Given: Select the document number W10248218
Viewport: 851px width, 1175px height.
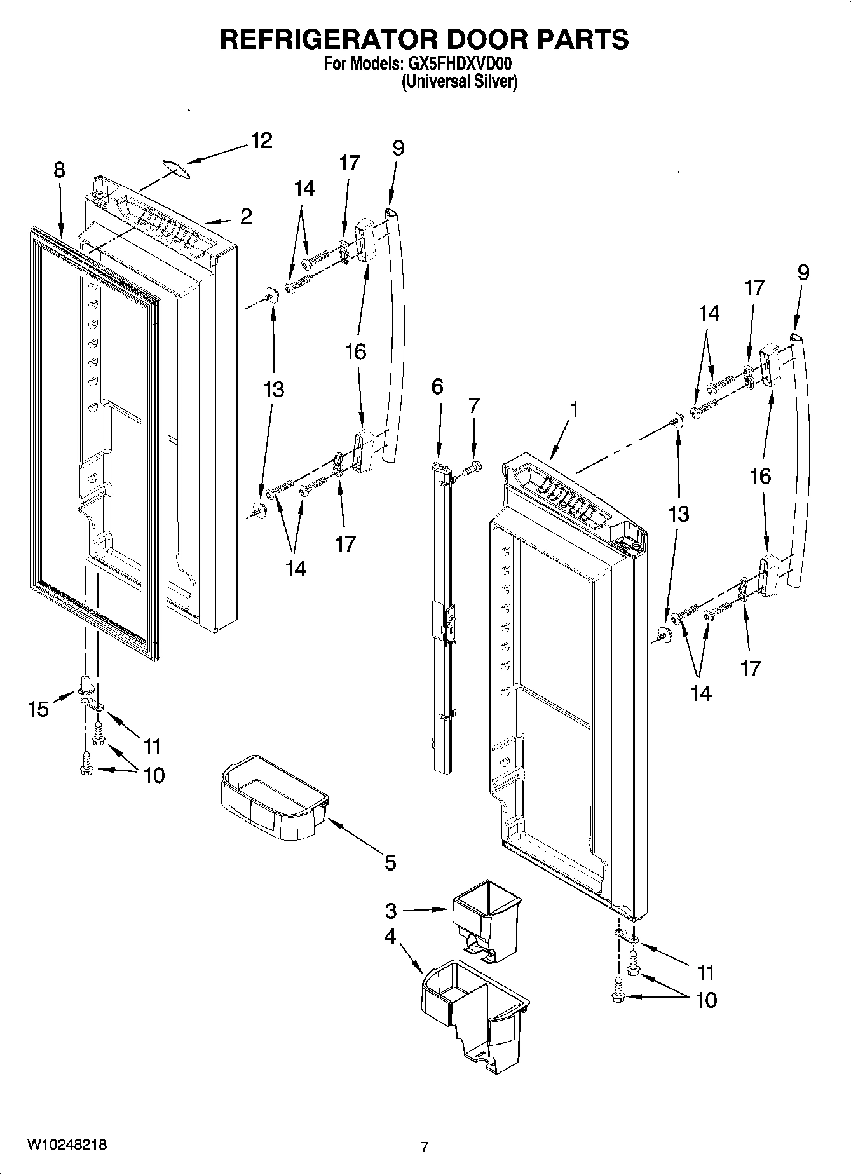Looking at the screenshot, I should pos(66,1144).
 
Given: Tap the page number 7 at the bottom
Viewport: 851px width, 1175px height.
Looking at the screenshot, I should pos(425,1147).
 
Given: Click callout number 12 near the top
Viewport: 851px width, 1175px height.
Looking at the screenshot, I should pos(261,140).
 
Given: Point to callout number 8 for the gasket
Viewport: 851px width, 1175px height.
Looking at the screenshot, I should pos(58,170).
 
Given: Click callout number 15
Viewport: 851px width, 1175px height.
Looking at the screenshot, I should pos(38,709).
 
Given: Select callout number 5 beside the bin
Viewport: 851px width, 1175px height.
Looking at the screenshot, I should pos(390,862).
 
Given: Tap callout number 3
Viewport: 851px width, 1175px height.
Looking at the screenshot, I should pos(390,911).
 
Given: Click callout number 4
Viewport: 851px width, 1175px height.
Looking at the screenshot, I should pos(389,937).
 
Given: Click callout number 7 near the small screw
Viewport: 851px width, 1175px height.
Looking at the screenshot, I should pos(474,405).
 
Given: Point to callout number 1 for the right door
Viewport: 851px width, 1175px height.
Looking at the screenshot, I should pos(574,410).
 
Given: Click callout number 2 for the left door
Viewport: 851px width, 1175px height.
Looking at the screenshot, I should pos(246,216).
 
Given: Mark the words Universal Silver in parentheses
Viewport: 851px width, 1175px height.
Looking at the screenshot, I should pos(459,82).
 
